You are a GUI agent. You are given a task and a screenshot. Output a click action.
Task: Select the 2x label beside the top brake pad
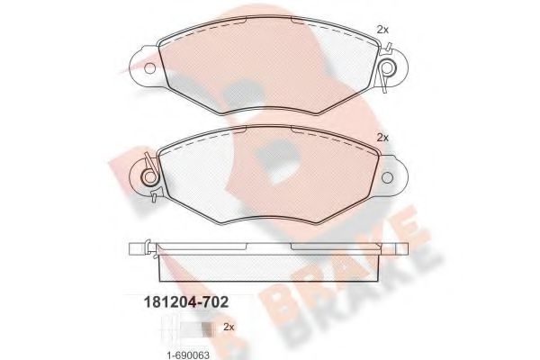click(x=382, y=30)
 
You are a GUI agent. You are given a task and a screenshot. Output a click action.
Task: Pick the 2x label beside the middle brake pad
click(x=382, y=138)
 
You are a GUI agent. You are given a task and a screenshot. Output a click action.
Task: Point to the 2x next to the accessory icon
click(x=228, y=326)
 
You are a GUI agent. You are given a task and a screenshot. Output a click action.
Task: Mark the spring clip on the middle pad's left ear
click(x=149, y=172)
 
